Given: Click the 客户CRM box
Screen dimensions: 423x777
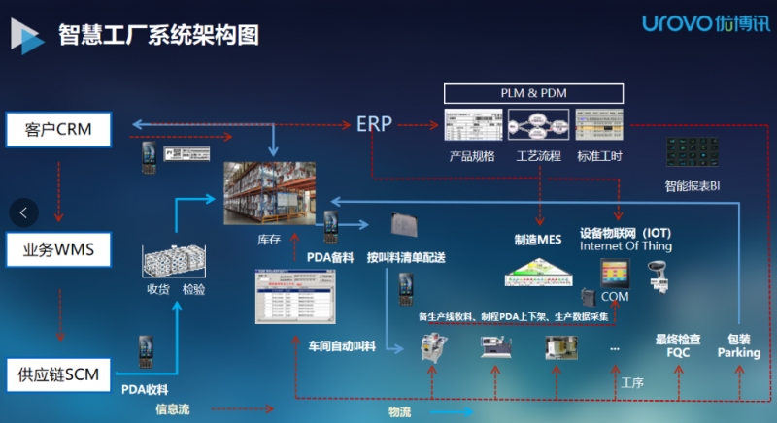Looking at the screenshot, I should (x=59, y=130).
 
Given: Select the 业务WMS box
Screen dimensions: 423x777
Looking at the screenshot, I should (x=59, y=251).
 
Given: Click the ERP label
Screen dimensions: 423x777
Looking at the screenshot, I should (x=374, y=124).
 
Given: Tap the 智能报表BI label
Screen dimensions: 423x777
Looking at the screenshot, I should (x=692, y=185).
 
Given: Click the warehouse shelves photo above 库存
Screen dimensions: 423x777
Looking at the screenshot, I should (x=271, y=192).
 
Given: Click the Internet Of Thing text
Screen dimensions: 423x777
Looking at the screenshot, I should (x=625, y=246).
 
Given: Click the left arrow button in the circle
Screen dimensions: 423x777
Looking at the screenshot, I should (x=23, y=211).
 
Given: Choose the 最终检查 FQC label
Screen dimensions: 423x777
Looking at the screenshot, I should (x=677, y=346).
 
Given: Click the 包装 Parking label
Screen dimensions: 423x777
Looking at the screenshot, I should (x=738, y=346).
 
